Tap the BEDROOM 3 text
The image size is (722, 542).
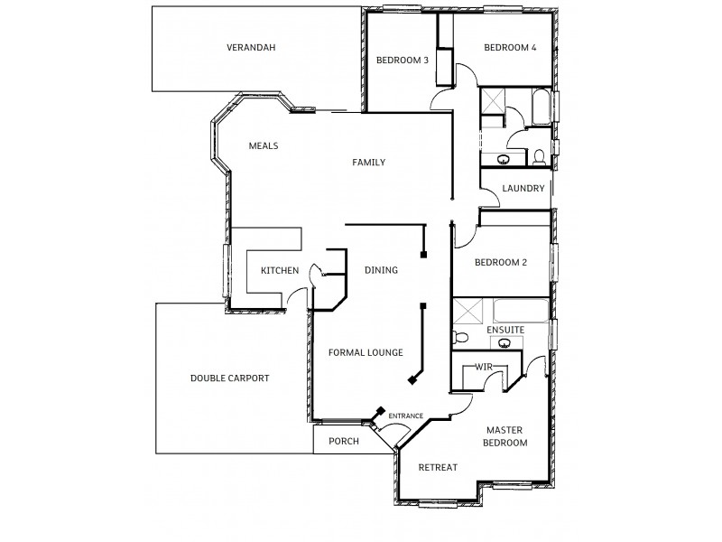click(x=402, y=61)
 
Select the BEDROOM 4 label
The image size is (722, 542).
click(x=510, y=48)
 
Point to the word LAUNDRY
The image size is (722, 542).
click(x=523, y=189)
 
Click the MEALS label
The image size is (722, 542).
click(x=263, y=145)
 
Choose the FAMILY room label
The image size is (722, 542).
click(x=368, y=163)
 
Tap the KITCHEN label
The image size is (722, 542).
click(x=280, y=271)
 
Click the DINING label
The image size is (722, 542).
click(x=381, y=270)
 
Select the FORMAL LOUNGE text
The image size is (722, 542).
click(x=366, y=352)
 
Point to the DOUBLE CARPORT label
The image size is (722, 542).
click(x=229, y=378)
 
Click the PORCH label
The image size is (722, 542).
click(x=343, y=442)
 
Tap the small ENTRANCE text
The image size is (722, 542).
click(x=405, y=416)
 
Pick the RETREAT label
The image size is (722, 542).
click(x=438, y=467)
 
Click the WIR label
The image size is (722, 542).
click(x=483, y=366)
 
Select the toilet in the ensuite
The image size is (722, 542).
click(x=460, y=338)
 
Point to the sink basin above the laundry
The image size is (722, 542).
click(x=503, y=160)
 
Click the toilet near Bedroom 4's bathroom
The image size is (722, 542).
click(x=539, y=157)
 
